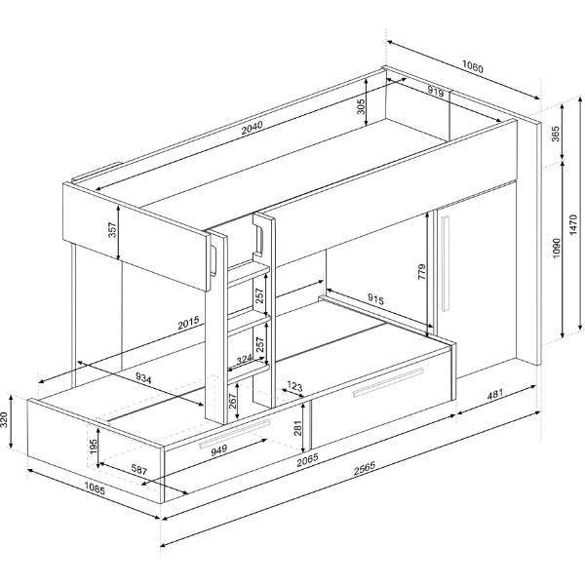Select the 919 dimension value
coord(434,92)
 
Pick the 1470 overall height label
coord(574,226)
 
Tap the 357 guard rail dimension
coord(112,231)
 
